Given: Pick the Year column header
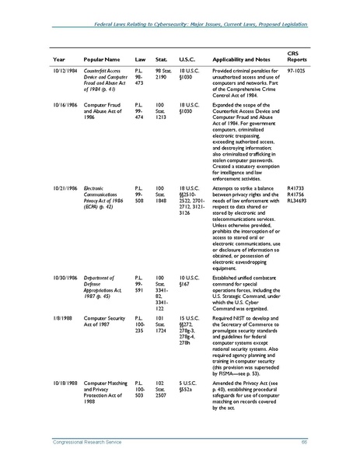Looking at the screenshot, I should tap(58, 59).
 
